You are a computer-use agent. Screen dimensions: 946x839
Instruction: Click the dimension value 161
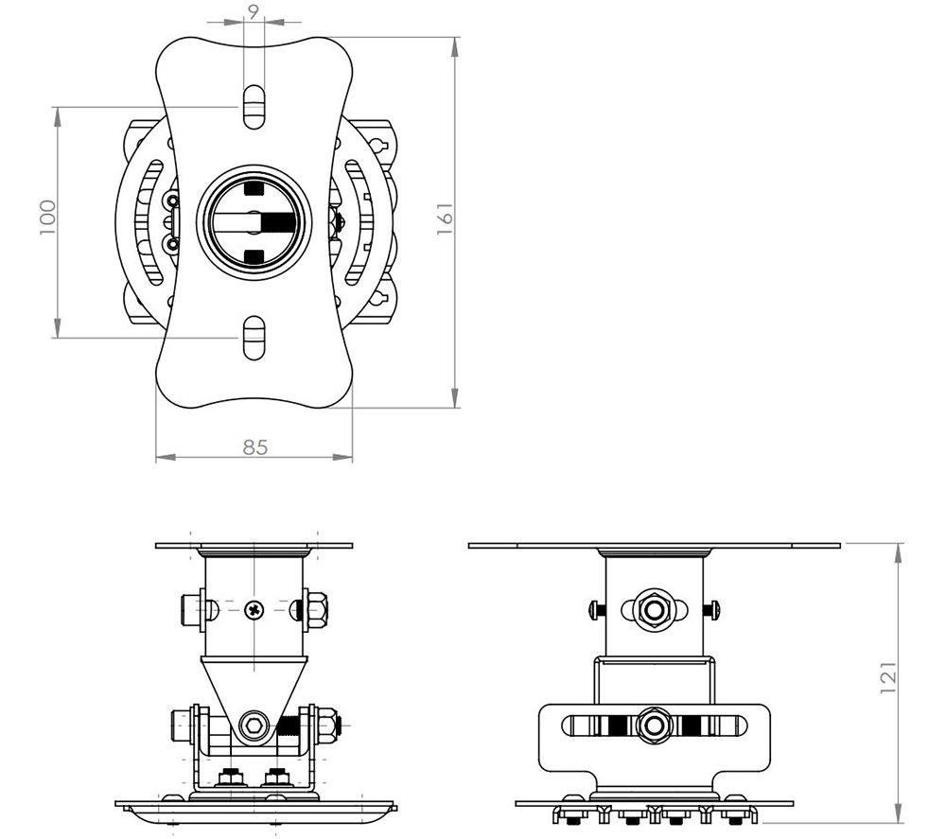click(x=445, y=218)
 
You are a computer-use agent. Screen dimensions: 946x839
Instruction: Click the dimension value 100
click(x=47, y=218)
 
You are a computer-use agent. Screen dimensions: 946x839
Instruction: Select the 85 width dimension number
click(x=255, y=447)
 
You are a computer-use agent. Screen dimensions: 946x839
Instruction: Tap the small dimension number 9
click(x=254, y=10)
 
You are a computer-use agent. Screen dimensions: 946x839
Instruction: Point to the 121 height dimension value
click(x=888, y=677)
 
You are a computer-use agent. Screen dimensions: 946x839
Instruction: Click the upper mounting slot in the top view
click(x=254, y=107)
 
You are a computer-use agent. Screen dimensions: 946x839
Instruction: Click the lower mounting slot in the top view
click(x=254, y=338)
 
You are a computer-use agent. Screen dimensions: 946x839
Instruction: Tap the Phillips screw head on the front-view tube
click(x=254, y=610)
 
